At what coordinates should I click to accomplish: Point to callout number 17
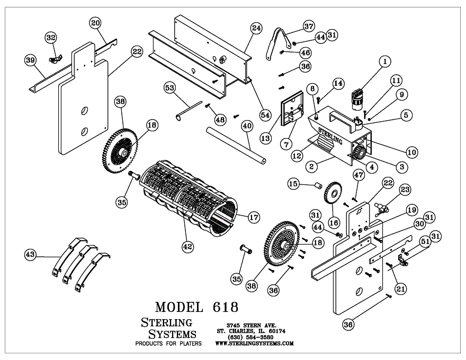pos(240,217)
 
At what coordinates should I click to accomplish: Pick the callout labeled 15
pos(293,184)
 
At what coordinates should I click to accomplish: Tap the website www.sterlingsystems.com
pos(254,343)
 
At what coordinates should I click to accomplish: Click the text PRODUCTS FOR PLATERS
pos(168,344)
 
